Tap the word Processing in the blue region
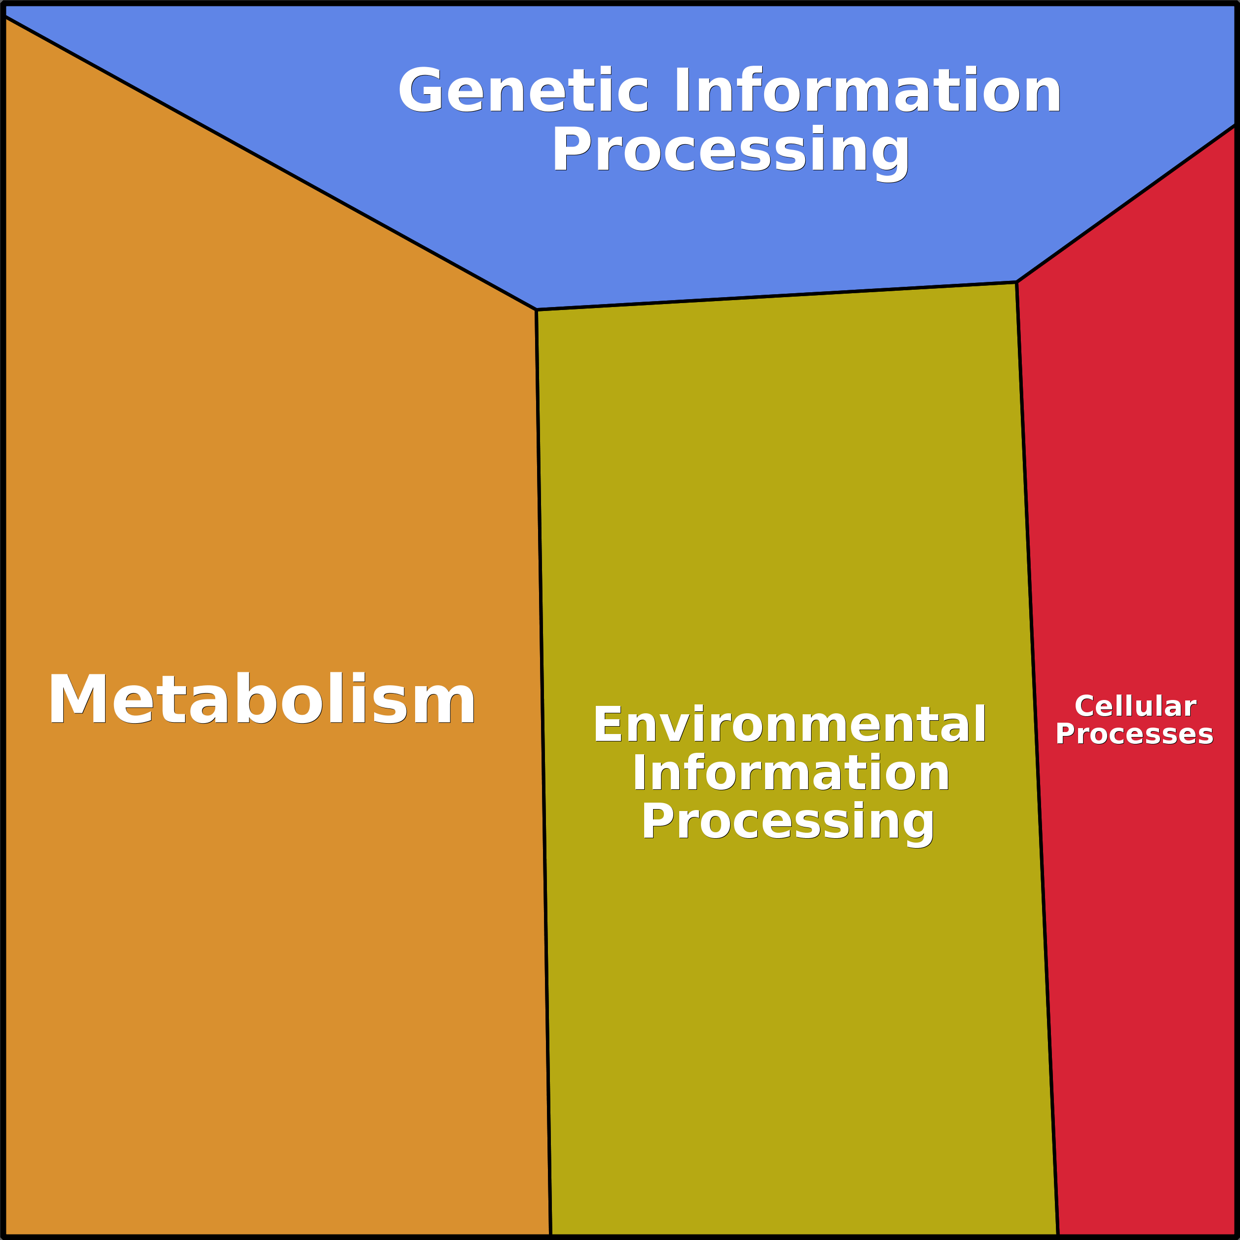[x=731, y=152]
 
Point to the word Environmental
[x=789, y=725]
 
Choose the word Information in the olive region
[x=791, y=774]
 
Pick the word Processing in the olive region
[x=788, y=823]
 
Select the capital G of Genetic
[x=421, y=90]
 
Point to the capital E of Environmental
[x=607, y=725]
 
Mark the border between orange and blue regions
[x=270, y=163]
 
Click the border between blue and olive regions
[x=776, y=296]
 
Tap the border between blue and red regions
[x=1126, y=204]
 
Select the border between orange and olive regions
[x=543, y=770]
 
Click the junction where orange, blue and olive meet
[x=537, y=310]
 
